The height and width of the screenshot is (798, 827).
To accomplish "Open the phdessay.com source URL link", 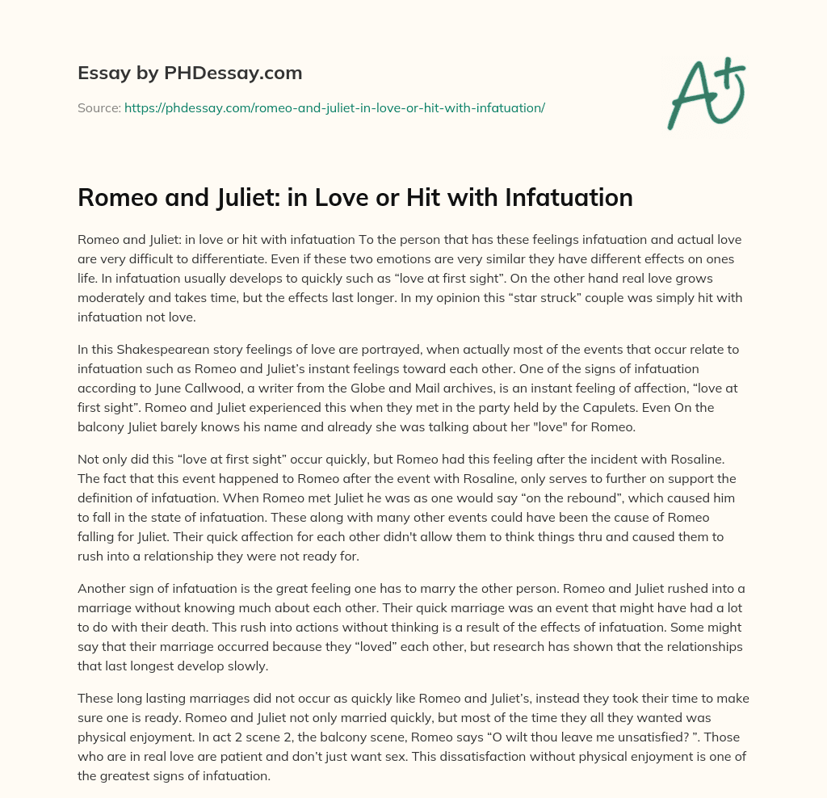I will pos(334,107).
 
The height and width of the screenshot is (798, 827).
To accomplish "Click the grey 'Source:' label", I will pos(99,107).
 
